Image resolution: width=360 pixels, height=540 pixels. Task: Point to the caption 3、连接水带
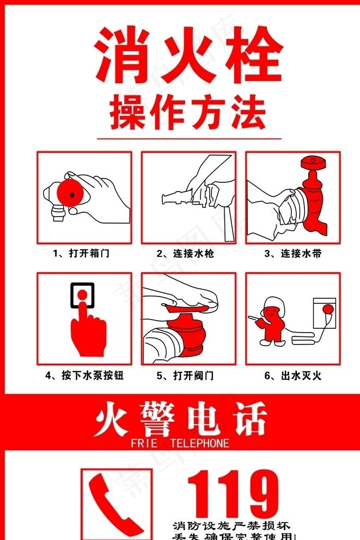292,253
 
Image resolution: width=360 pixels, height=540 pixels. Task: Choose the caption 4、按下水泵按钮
84,376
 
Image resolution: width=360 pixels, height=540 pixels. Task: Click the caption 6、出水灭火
293,376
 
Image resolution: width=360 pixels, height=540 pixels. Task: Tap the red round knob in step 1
70,192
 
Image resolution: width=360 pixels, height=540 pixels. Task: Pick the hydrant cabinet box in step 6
325,313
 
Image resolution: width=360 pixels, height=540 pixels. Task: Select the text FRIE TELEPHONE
180,444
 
